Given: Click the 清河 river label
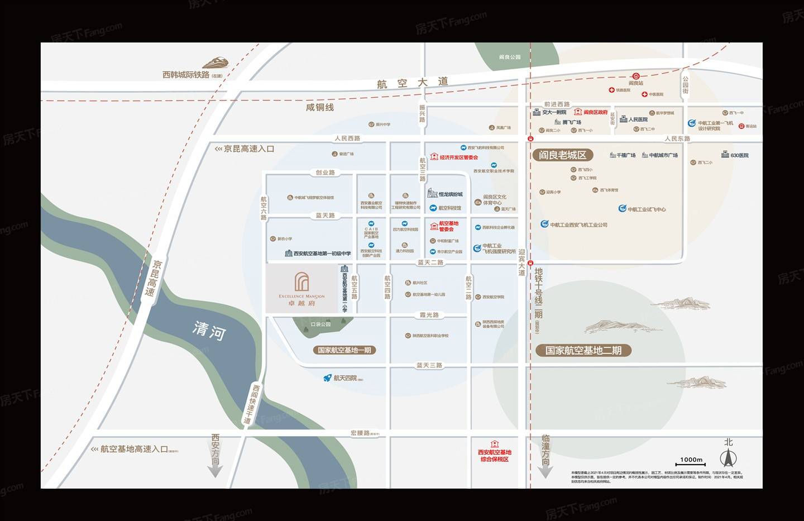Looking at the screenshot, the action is pyautogui.click(x=209, y=331).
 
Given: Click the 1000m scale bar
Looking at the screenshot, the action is pyautogui.click(x=691, y=462).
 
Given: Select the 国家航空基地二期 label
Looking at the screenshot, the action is pyautogui.click(x=583, y=351).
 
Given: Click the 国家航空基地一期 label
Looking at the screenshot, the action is pyautogui.click(x=344, y=350).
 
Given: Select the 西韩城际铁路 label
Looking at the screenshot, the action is pyautogui.click(x=186, y=74).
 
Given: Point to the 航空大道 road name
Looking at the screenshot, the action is pyautogui.click(x=413, y=83).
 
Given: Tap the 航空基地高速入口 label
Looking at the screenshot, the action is pyautogui.click(x=134, y=449).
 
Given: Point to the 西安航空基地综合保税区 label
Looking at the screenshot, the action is pyautogui.click(x=495, y=456).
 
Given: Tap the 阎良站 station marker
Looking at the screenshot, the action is pyautogui.click(x=636, y=77).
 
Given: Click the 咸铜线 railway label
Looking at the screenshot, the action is pyautogui.click(x=320, y=107).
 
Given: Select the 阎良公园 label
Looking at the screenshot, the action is pyautogui.click(x=510, y=57).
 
